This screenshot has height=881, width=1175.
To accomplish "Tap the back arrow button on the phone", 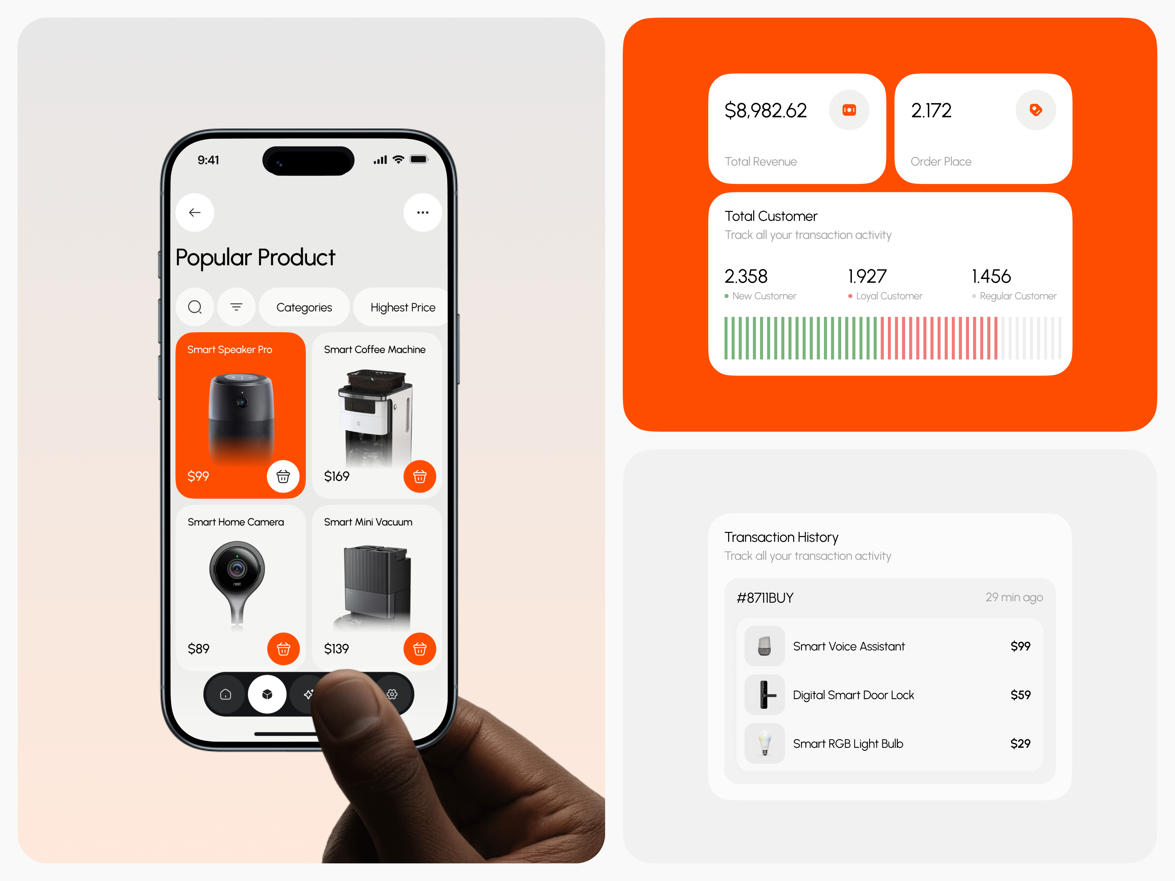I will click(195, 213).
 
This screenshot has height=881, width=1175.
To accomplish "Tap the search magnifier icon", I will click(195, 307).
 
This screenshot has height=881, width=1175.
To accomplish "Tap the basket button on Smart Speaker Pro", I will click(283, 476).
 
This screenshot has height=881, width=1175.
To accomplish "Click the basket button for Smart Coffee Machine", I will click(420, 476).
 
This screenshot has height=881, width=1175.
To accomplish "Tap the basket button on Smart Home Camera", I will click(283, 648).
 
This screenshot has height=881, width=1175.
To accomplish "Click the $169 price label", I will click(337, 476).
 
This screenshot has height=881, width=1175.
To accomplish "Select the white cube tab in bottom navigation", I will click(267, 694).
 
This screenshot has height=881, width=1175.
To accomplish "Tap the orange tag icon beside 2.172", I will click(1035, 110).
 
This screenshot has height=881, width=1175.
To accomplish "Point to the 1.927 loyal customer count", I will click(867, 276).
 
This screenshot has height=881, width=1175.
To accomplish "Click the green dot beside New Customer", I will click(727, 296).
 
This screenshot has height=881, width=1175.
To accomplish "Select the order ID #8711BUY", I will click(765, 598).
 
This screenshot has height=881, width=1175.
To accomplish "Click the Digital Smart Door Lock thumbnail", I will click(764, 695).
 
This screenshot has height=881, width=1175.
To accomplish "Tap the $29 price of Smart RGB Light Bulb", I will click(1020, 743).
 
